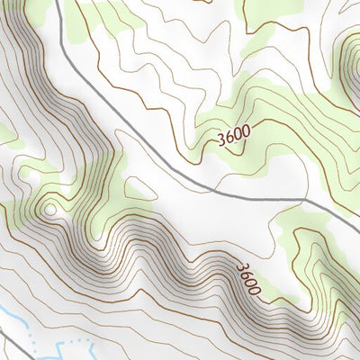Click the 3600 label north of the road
coord(233,134)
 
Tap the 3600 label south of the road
coord(248,279)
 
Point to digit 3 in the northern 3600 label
coord(221,139)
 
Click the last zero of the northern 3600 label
coord(245,130)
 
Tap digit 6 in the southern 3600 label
coord(246,274)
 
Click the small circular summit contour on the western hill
coord(49,210)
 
